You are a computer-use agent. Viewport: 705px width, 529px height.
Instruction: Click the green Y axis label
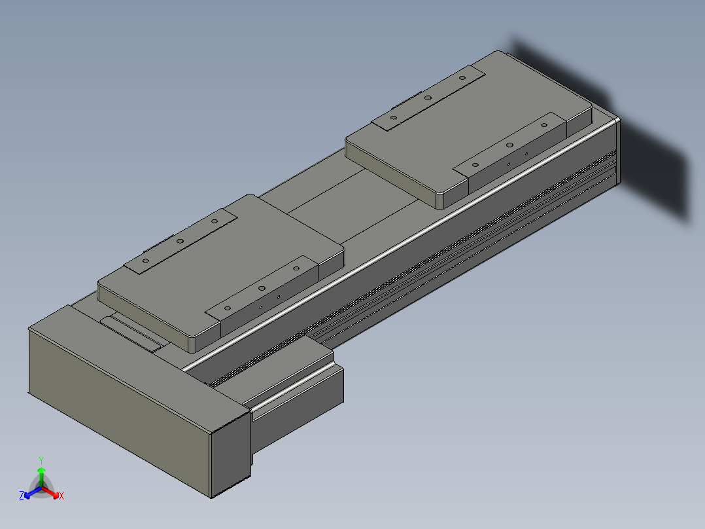[x=41, y=461]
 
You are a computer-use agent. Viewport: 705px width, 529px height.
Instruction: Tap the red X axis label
[x=61, y=496]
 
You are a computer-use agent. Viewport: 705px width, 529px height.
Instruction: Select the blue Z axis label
[x=22, y=496]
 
